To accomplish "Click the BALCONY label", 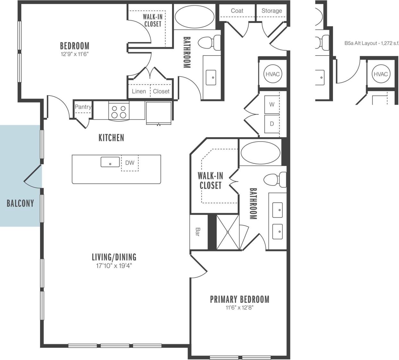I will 20,203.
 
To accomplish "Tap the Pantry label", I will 83,107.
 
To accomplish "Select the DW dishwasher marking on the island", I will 130,163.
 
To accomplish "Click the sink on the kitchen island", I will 110,162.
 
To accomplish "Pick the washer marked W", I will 272,104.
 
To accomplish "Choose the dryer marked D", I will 272,124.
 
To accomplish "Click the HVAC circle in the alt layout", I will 381,74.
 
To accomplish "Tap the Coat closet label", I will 237,11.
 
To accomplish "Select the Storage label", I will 271,11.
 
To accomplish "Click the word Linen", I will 139,91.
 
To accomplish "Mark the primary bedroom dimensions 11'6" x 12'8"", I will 239,308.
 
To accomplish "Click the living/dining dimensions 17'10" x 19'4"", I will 114,266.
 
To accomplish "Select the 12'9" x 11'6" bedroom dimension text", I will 74,54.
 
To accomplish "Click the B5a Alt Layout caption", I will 371,43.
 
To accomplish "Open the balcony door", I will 33,175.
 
